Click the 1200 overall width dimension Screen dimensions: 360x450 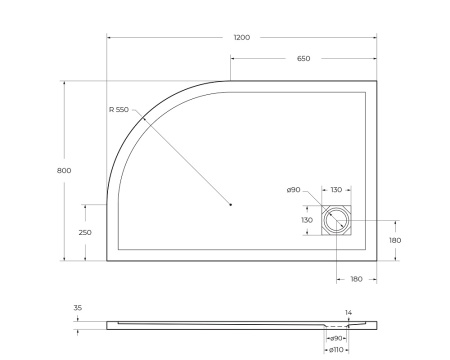pos(241,37)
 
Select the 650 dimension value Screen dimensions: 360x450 pos(303,58)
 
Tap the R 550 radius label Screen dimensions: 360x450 pos(121,108)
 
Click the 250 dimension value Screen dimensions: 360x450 pos(85,232)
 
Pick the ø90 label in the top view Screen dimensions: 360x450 pos(293,190)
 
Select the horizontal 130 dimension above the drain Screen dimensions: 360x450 pos(336,190)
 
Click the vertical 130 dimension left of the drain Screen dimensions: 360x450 pos(307,220)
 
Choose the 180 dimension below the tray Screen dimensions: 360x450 pos(356,279)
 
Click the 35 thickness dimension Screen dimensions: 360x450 pos(78,308)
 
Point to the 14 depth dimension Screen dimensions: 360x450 pos(347,313)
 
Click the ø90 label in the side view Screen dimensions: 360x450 pos(337,338)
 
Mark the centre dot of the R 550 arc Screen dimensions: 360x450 pos(230,205)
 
